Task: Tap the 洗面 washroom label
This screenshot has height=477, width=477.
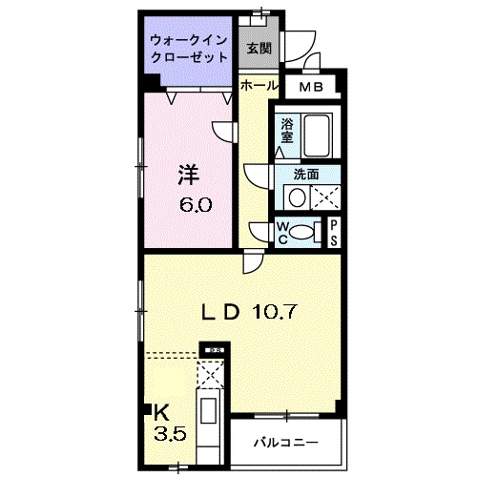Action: (305, 175)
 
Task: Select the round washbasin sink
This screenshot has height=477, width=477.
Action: (297, 197)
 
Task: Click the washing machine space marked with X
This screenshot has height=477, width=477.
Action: (326, 197)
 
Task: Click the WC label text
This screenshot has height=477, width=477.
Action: (283, 231)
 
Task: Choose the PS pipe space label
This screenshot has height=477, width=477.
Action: (335, 231)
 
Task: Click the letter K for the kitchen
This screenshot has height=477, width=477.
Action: (161, 413)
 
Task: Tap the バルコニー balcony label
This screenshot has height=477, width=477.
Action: (284, 443)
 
